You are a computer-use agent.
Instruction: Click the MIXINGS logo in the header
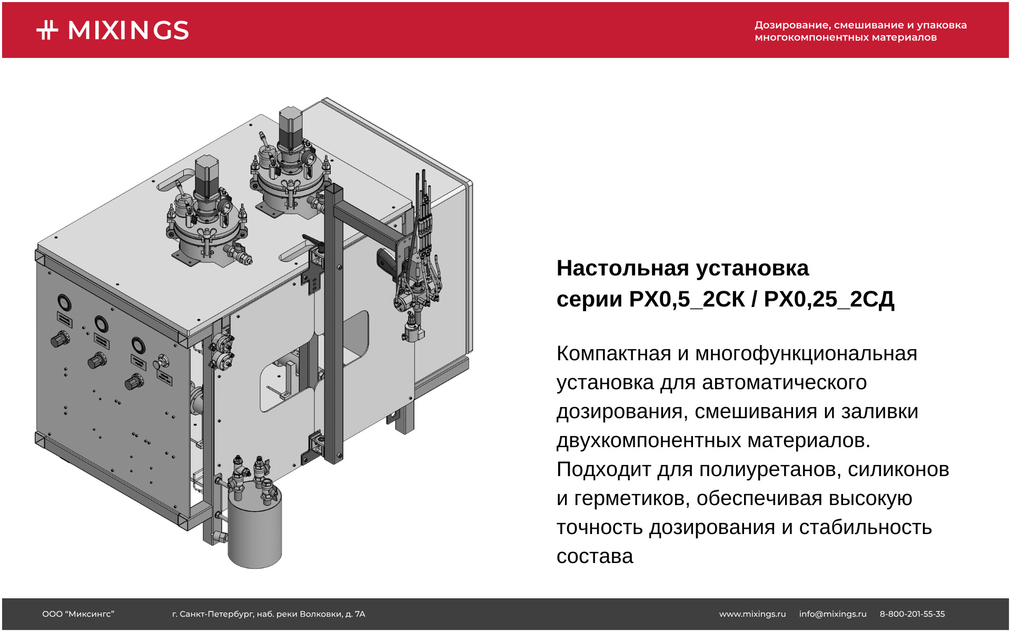(x=113, y=30)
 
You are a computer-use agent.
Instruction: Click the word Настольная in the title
(x=623, y=268)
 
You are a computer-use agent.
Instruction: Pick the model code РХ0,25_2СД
(x=829, y=299)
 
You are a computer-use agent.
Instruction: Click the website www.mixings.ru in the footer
(x=752, y=614)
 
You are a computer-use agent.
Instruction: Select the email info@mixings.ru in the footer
(x=832, y=614)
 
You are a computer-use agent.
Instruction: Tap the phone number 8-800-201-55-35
(x=913, y=614)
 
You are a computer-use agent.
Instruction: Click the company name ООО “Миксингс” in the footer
(x=78, y=614)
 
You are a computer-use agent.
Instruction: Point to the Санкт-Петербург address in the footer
(x=269, y=614)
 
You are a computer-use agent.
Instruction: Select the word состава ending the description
(x=595, y=556)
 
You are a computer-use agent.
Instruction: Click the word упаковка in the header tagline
(x=941, y=25)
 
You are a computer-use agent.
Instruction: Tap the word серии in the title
(x=590, y=299)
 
